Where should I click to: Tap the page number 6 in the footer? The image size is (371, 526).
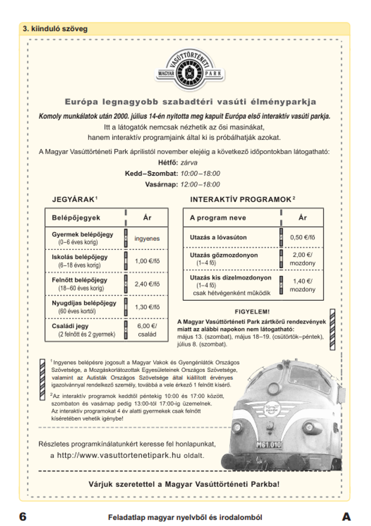click(x=23, y=516)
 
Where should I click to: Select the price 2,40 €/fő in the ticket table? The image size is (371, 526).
click(x=147, y=284)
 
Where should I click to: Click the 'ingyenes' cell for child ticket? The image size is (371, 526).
click(x=147, y=239)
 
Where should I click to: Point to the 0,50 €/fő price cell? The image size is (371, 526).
click(x=302, y=237)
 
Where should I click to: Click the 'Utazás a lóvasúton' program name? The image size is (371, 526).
click(x=218, y=237)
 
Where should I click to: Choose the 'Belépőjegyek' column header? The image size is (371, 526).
click(x=76, y=218)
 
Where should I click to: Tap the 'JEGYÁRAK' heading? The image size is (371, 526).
click(x=73, y=200)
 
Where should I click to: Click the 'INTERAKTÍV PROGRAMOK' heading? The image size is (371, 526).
click(x=241, y=200)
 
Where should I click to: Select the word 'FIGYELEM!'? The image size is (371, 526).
click(x=252, y=312)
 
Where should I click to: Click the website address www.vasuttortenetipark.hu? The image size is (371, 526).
click(x=119, y=455)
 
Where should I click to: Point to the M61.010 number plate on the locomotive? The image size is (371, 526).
click(x=269, y=445)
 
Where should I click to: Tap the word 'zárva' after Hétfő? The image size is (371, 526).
click(x=189, y=162)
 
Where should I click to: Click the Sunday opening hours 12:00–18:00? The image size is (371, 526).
click(x=200, y=184)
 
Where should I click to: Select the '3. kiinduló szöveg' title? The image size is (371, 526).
click(x=55, y=29)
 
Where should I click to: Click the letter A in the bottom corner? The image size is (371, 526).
click(x=346, y=516)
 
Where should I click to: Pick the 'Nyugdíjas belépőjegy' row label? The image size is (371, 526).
click(x=84, y=303)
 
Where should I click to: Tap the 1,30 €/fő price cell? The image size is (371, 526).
click(x=147, y=307)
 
